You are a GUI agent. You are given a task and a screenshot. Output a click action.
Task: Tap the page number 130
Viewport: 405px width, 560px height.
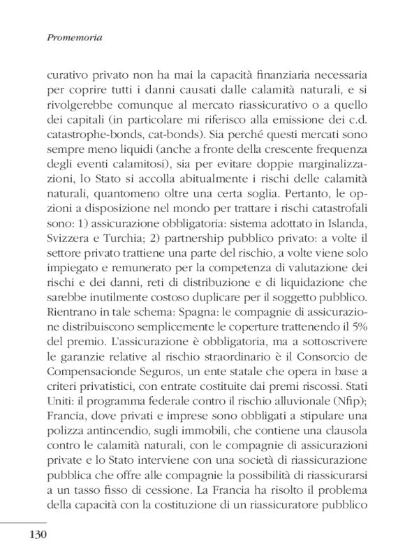pyautogui.click(x=38, y=535)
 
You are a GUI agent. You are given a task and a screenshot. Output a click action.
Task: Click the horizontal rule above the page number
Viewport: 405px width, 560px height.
pyautogui.click(x=23, y=521)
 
